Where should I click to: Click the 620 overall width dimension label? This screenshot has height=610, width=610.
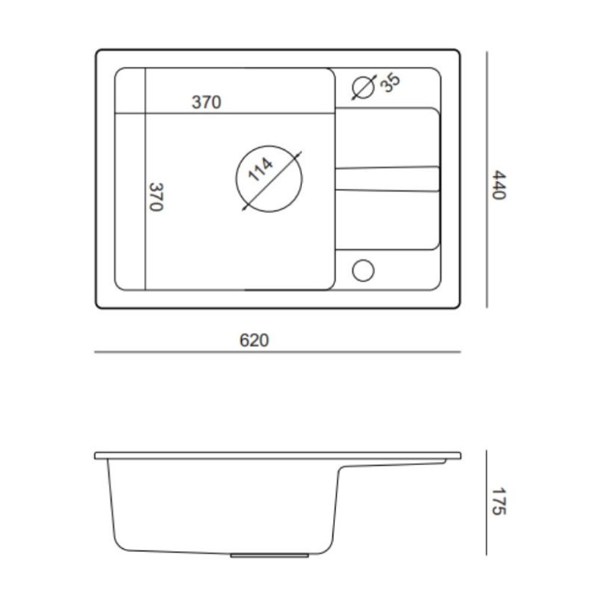(254, 340)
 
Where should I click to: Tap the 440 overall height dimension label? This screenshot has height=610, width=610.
(499, 185)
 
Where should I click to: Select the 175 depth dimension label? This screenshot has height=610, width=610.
(499, 501)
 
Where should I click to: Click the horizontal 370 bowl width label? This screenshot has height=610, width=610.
(206, 102)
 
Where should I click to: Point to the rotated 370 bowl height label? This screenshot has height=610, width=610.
(156, 197)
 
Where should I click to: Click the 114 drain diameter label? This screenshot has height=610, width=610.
(260, 169)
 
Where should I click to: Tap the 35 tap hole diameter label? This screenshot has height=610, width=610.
(390, 82)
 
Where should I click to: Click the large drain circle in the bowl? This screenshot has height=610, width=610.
(269, 146)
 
